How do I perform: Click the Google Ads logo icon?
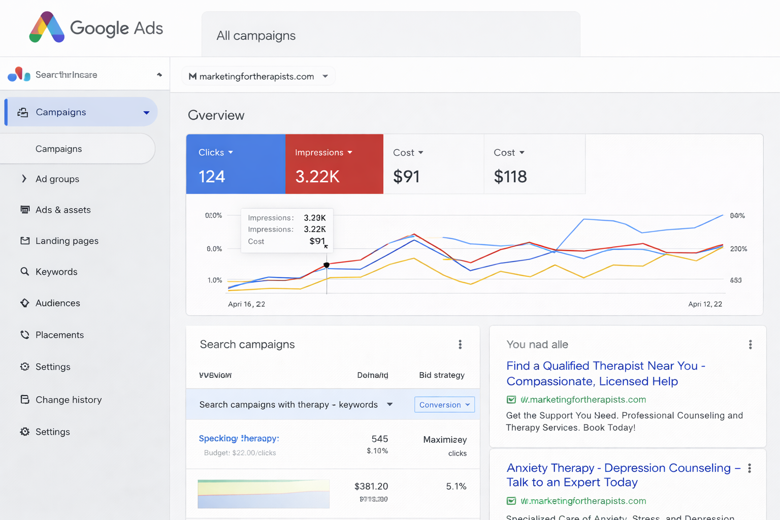point(47,27)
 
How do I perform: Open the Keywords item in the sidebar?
point(56,272)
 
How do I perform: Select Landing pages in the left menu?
point(67,241)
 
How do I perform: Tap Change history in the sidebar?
point(69,400)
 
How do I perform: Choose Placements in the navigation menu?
point(59,335)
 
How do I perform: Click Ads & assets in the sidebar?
point(63,210)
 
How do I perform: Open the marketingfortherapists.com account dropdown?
point(258,76)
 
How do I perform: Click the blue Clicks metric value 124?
point(212,177)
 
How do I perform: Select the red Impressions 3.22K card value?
point(317,177)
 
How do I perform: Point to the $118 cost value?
point(510,177)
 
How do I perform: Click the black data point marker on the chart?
point(327,265)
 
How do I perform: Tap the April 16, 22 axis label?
point(246,304)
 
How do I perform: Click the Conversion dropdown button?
point(444,405)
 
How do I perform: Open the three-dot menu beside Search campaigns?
point(460,345)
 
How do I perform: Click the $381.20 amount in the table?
point(371,486)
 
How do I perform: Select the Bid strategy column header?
point(441,375)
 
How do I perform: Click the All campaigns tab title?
point(256,36)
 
